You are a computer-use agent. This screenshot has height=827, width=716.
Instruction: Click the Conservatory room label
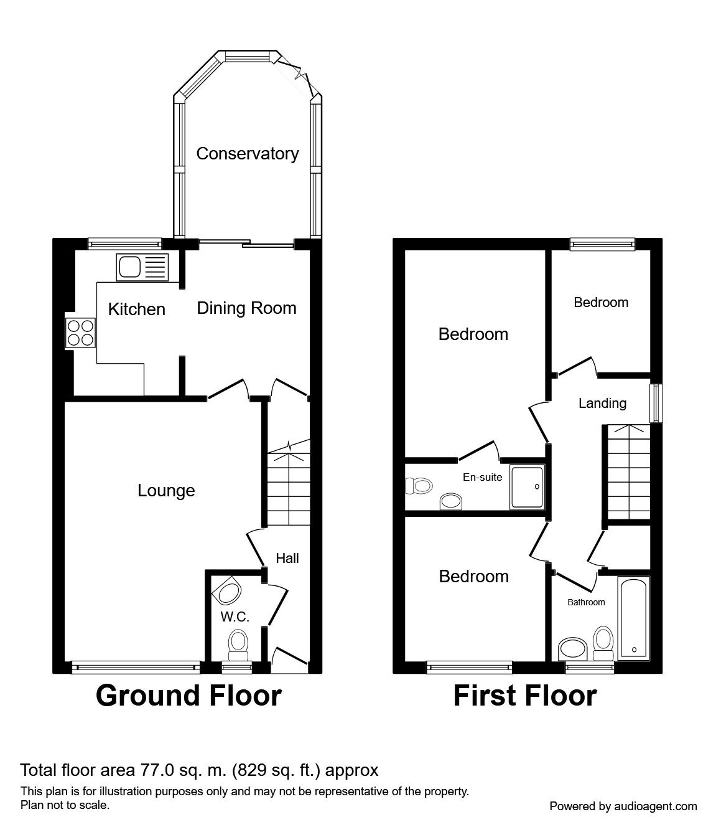click(x=248, y=154)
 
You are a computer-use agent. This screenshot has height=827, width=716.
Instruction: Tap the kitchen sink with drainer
click(x=142, y=267)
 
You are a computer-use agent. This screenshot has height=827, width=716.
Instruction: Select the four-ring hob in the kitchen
click(x=81, y=333)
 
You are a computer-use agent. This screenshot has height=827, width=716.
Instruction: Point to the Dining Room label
click(x=247, y=308)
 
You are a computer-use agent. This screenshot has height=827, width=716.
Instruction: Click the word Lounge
click(x=166, y=491)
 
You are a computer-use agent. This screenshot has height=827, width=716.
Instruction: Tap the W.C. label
click(x=235, y=617)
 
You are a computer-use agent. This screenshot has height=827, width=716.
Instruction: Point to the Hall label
click(x=287, y=558)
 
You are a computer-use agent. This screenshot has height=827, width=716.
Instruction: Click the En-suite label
click(x=483, y=477)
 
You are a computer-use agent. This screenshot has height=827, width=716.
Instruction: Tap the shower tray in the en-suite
click(x=527, y=487)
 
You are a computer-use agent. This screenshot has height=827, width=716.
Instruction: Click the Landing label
click(x=602, y=404)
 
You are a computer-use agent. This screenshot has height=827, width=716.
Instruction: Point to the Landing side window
click(x=656, y=404)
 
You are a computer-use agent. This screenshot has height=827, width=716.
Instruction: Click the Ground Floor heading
click(x=188, y=696)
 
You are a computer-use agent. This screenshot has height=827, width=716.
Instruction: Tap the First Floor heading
click(x=525, y=696)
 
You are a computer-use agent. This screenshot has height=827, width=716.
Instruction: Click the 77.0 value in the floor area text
click(x=157, y=770)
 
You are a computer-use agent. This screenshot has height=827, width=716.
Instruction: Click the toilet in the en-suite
click(x=419, y=486)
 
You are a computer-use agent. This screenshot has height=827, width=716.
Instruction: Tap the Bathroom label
click(x=586, y=602)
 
